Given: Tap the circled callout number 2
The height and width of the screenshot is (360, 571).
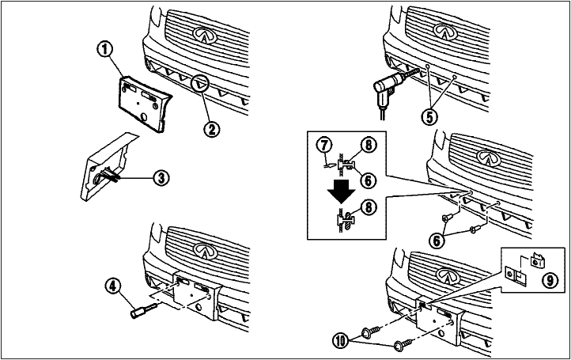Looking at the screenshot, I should pos(210,126).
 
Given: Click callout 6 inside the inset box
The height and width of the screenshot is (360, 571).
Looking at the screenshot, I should pos(369,180).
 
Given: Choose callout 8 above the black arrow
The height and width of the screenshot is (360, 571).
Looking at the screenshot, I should pos(368,145).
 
